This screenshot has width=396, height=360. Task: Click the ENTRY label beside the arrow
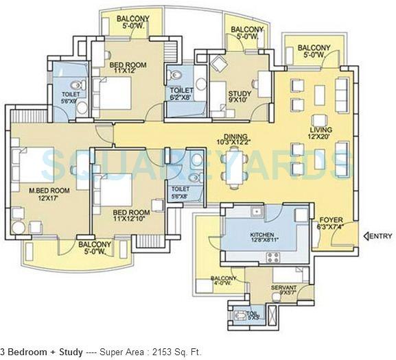380,236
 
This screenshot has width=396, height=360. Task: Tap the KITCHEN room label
263,234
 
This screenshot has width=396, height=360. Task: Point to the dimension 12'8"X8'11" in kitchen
263,241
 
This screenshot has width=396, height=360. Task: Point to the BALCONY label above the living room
315,48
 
